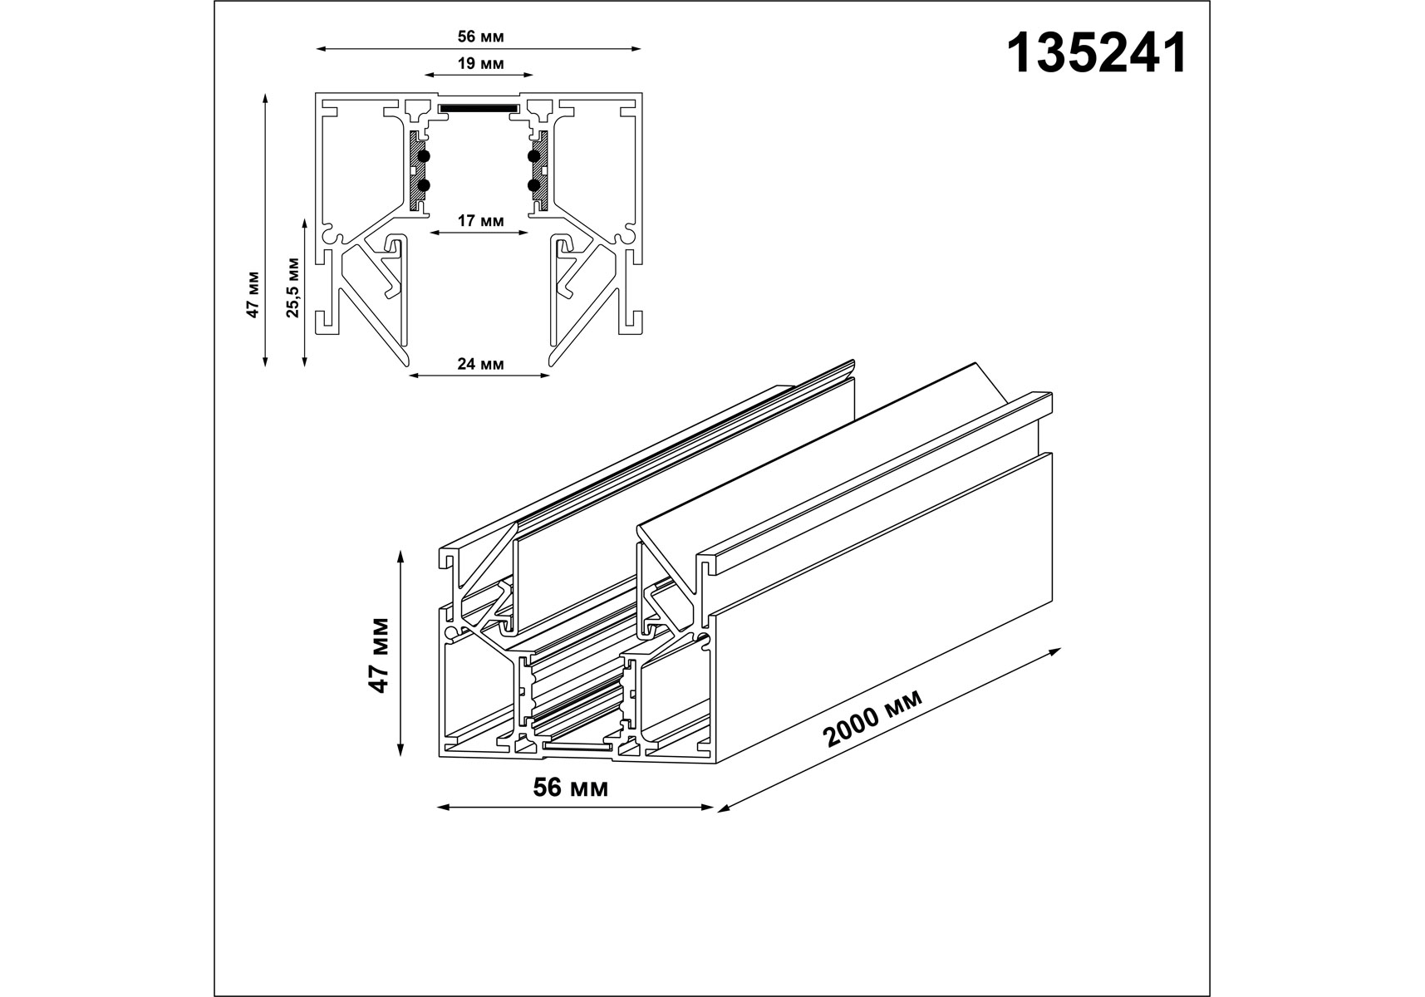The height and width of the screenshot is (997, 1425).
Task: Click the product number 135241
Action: point(1096,55)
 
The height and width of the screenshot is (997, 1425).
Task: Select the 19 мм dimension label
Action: point(480,64)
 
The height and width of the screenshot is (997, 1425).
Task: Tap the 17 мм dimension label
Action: point(480,221)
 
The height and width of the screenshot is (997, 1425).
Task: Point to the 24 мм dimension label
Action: point(480,364)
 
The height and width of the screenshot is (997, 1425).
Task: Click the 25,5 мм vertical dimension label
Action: point(293,287)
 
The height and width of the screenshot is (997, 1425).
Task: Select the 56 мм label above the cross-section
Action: point(480,37)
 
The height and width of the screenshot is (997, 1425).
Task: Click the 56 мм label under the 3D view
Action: point(571,788)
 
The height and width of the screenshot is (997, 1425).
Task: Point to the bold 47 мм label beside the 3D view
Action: point(379,655)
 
